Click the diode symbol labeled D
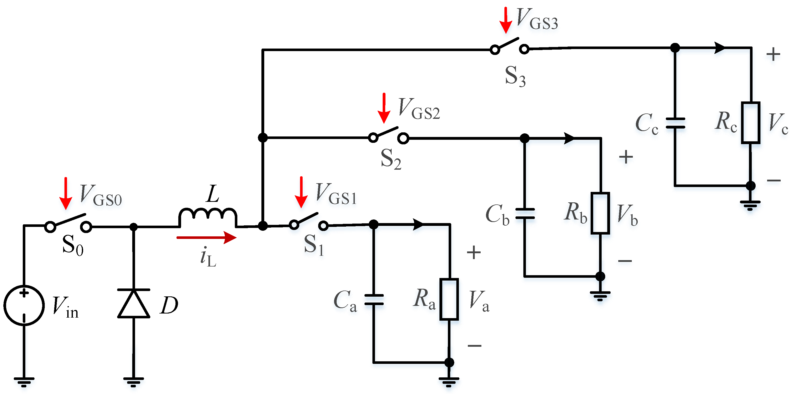point(134,304)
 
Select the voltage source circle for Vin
point(24,305)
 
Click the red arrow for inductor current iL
point(206,238)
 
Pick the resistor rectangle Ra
point(449,299)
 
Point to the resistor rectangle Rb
point(600,213)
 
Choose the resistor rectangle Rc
point(750,123)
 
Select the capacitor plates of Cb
point(525,213)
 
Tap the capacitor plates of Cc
point(675,123)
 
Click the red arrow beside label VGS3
point(505,20)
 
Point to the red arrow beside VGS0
point(66,193)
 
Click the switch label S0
point(73,245)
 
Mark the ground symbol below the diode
point(134,382)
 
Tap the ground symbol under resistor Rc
point(750,205)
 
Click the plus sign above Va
point(474,252)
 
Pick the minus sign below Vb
point(625,261)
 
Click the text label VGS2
point(419,109)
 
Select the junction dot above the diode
point(133,227)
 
